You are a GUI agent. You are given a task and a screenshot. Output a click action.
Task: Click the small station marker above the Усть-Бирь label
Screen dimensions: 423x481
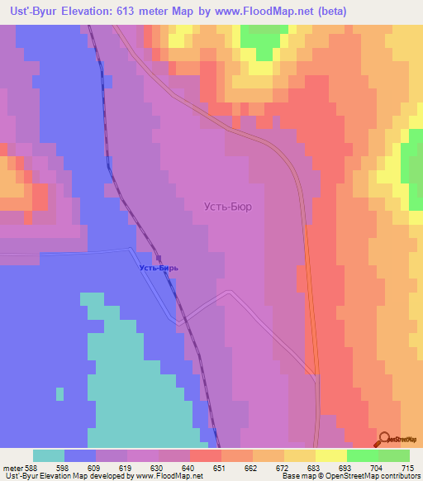[x=159, y=257]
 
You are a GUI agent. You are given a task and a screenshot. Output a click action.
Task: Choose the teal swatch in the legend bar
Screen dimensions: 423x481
[x=49, y=456]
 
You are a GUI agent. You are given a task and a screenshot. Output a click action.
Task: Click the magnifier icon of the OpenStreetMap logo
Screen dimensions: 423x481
[x=385, y=439]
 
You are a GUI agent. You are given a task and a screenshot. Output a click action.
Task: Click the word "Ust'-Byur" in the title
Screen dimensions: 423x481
[x=31, y=11]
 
